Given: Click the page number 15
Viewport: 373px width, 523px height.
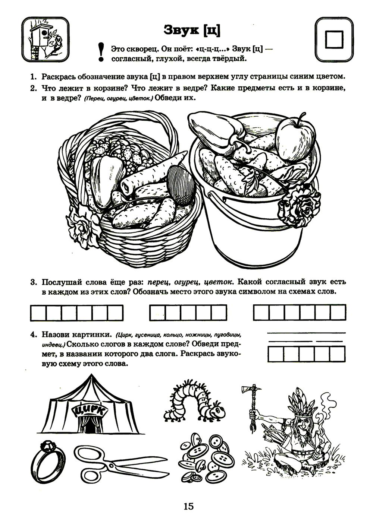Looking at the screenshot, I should tap(188, 506).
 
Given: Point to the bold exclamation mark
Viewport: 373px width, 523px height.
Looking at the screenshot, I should tap(100, 52).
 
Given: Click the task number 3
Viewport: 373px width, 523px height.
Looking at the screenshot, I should tap(34, 282).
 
